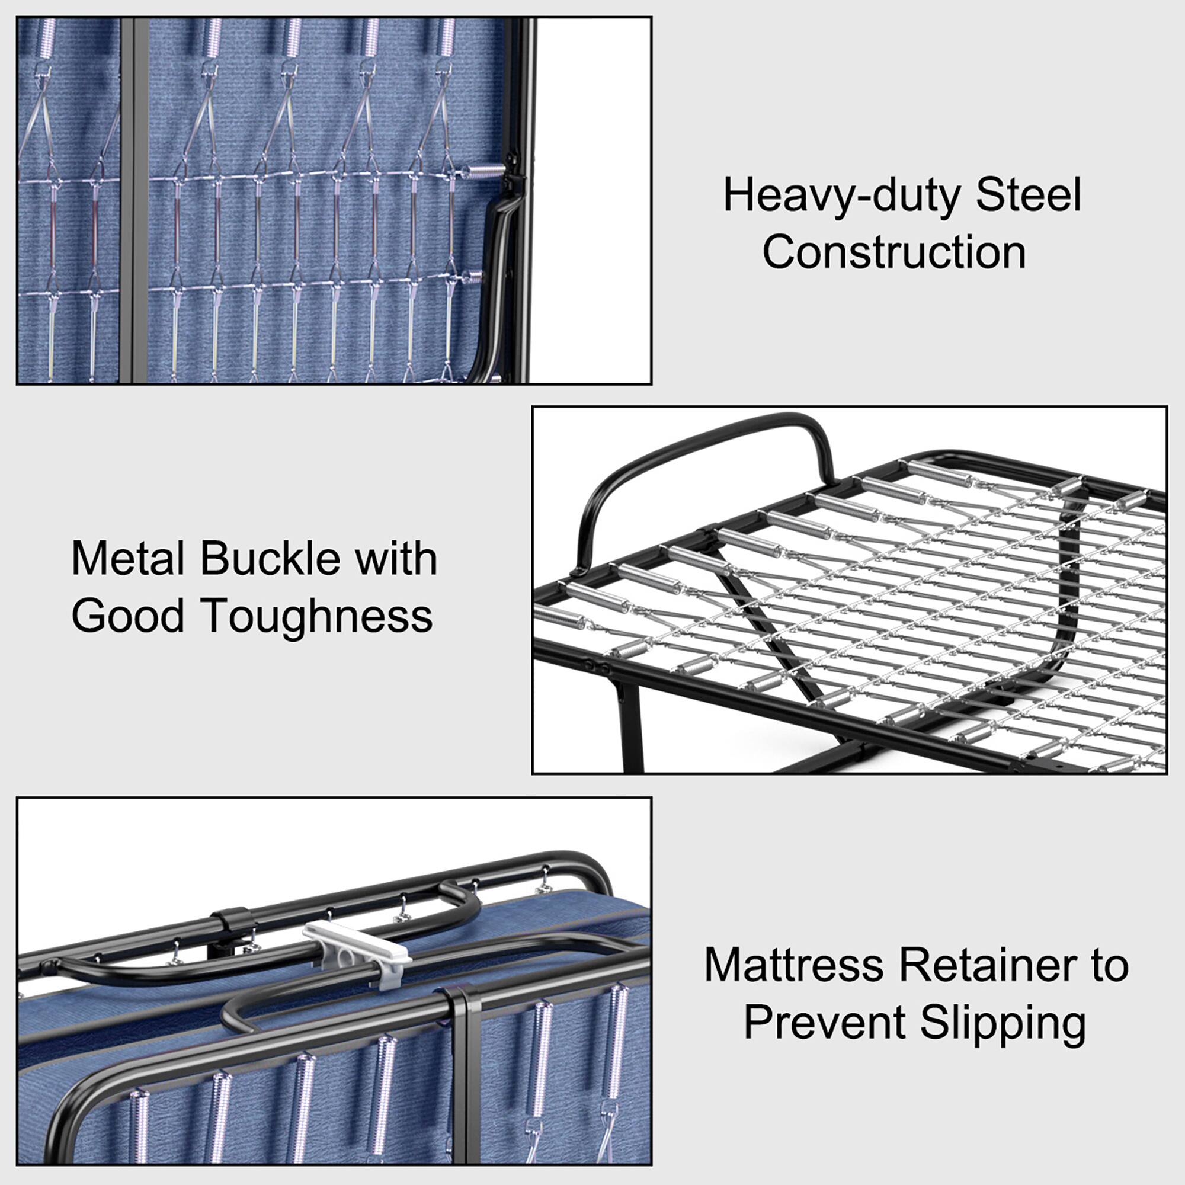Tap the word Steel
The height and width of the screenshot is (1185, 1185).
(x=1028, y=195)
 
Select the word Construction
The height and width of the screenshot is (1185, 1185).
(x=893, y=252)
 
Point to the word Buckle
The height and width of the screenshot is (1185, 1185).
(x=270, y=558)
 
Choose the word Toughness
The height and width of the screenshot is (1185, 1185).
(x=316, y=615)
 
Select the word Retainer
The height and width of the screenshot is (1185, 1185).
(x=988, y=965)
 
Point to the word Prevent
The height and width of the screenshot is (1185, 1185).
(x=824, y=1023)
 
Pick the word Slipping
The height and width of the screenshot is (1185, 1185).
(x=1003, y=1023)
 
